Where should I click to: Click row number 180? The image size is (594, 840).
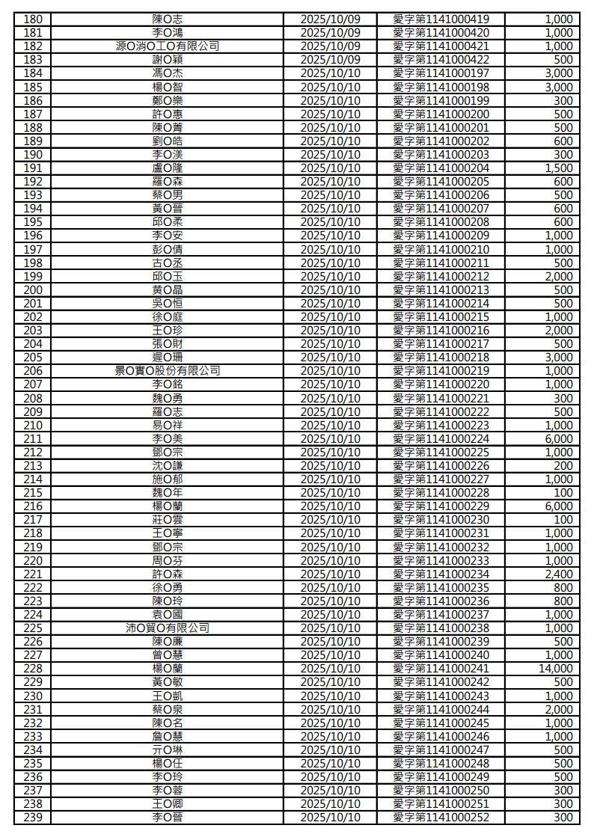click(x=33, y=19)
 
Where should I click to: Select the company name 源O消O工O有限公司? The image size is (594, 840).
click(x=168, y=46)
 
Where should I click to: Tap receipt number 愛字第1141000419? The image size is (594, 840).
click(x=441, y=19)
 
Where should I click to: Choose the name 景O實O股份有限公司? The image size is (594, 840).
click(x=168, y=371)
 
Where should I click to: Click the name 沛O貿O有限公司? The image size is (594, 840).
click(x=168, y=628)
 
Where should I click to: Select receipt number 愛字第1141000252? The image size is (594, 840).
click(x=441, y=818)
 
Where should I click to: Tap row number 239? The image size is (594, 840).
click(x=33, y=818)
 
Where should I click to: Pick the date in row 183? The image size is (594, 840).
click(x=330, y=60)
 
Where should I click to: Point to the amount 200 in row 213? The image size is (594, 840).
click(x=563, y=466)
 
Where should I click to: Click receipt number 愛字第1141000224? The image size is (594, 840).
click(x=441, y=439)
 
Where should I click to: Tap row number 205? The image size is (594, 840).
click(x=33, y=358)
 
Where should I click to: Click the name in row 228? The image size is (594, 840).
click(x=168, y=669)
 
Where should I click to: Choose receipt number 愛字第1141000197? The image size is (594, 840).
click(x=441, y=73)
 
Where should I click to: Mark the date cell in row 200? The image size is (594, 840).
click(x=330, y=290)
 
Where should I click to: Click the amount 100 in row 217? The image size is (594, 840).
click(x=563, y=520)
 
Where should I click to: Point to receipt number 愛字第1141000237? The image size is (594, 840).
click(x=441, y=615)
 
